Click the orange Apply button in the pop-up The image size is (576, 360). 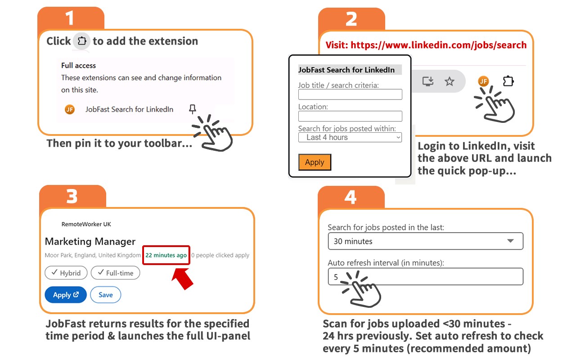315,162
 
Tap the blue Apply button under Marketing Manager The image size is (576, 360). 66,295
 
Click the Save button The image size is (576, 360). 105,295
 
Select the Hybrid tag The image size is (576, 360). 66,273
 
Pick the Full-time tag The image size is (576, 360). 116,273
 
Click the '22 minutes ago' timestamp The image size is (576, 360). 166,255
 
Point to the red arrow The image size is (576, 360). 182,279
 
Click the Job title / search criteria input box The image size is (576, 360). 350,94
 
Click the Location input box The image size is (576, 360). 350,116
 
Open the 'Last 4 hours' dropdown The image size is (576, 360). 350,137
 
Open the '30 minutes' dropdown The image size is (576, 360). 426,241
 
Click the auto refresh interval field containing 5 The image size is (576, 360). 426,277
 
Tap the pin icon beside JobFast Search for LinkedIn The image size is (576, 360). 192,109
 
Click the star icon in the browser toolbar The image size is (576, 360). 449,81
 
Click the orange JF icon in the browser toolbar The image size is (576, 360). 483,81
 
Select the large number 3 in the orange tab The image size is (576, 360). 72,197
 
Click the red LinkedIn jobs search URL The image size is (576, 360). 438,45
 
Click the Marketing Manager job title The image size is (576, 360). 90,242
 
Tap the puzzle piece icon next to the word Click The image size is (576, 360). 82,41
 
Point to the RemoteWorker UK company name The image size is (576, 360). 86,224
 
